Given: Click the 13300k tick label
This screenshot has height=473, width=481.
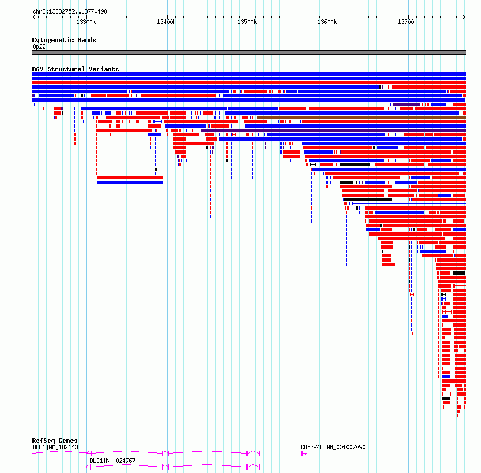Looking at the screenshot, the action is [x=86, y=22].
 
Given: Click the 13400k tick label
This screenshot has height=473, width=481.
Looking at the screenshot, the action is [x=166, y=22].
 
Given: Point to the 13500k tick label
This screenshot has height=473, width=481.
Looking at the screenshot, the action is [x=247, y=22].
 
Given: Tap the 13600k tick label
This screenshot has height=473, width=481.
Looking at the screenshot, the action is [x=327, y=22].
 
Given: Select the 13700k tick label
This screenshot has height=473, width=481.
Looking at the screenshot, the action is [x=407, y=22].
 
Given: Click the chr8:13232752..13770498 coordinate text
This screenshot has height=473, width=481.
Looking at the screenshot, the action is [x=70, y=11].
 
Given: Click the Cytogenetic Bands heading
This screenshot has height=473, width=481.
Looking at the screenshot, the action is [x=64, y=40].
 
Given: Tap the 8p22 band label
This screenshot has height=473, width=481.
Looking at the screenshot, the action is [x=39, y=46].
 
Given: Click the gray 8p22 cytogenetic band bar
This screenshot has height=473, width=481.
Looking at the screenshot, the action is [x=249, y=52].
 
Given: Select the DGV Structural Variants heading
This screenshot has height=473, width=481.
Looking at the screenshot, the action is [x=76, y=69].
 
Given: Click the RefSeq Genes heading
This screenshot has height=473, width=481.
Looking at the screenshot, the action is [x=55, y=441].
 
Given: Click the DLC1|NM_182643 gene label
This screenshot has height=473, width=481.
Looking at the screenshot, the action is [x=55, y=447].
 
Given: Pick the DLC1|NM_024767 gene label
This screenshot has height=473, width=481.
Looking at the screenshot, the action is [x=112, y=461].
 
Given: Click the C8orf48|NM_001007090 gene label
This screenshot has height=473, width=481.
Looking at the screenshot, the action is [x=333, y=447].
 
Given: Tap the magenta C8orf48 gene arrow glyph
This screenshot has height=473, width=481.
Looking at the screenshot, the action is [x=304, y=454].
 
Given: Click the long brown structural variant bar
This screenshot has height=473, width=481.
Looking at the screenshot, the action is [x=362, y=117].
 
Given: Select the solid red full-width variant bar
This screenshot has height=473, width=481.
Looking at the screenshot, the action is [x=249, y=83].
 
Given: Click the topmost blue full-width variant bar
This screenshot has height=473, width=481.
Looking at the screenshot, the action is [x=249, y=74].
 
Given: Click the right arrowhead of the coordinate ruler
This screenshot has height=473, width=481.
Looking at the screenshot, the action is [x=465, y=17].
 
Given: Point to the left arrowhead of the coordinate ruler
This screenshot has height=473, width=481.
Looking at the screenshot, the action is [x=34, y=17].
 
